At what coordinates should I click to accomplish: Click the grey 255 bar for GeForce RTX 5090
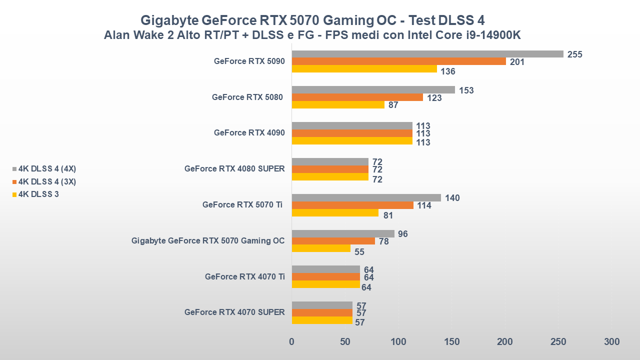427,54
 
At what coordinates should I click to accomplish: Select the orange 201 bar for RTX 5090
398,61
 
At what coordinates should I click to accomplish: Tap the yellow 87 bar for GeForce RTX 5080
338,105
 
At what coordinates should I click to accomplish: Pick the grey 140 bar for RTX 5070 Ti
366,198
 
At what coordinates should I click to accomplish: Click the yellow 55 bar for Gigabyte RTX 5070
321,248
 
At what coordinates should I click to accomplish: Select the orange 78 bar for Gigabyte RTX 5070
333,241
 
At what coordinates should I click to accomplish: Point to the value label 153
466,90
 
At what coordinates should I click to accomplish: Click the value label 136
448,71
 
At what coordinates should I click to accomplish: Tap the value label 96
403,234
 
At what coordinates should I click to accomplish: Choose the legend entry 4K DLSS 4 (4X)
47,168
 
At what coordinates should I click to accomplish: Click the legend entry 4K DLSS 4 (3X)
47,181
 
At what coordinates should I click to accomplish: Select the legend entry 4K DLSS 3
38,194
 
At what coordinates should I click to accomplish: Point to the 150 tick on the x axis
452,342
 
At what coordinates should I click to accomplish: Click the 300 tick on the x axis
611,342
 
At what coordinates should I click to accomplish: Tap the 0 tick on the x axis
292,342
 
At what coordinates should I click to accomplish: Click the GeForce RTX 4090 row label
249,133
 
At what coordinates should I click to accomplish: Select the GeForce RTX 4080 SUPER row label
234,169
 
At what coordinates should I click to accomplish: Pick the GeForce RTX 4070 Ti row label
244,276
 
